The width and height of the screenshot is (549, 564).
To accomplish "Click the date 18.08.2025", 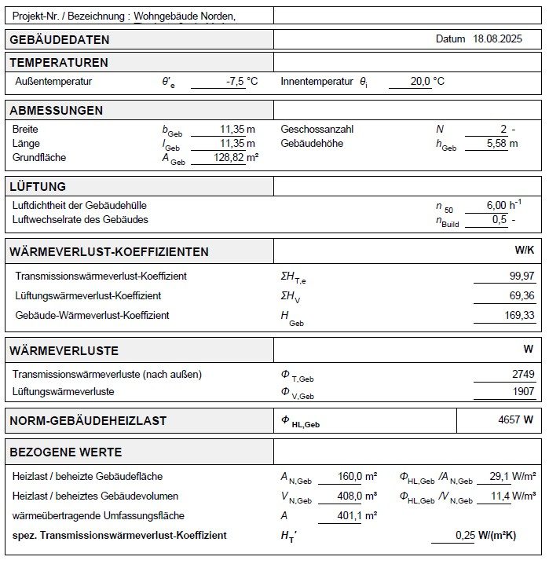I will tap(497, 38).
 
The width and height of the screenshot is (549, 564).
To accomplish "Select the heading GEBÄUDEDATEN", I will tap(60, 40).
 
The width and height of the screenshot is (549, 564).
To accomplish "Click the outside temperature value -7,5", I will tap(235, 81).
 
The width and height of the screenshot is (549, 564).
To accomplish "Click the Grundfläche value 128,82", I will tap(229, 158).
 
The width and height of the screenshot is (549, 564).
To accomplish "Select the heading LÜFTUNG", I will tap(38, 187).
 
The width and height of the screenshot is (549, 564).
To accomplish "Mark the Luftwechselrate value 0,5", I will tap(499, 220).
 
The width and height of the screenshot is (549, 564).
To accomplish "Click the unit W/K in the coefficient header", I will tap(524, 250).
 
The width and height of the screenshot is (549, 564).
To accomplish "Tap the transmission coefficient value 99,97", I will tap(522, 276).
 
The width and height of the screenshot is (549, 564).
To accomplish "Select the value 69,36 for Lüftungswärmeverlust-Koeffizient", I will tap(522, 295).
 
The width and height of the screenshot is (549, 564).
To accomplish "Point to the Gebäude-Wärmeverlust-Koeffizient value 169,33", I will tap(518, 315).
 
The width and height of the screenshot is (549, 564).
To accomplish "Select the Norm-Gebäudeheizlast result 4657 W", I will tap(515, 419).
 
